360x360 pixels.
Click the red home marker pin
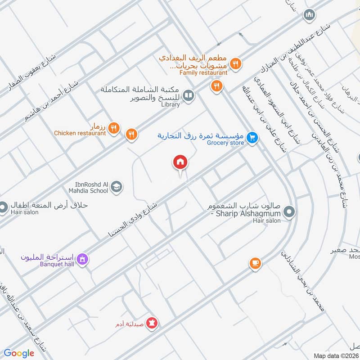click(180, 162)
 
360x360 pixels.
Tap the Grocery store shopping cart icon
click(252, 138)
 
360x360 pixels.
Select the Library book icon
click(189, 96)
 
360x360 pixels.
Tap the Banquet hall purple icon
click(82, 259)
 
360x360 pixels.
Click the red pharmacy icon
click(152, 324)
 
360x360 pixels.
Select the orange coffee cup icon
click(255, 263)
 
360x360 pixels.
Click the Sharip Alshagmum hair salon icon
click(290, 211)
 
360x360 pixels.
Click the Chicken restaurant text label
click(80, 133)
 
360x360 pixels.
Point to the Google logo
click(19, 353)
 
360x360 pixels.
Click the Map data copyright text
click(336, 355)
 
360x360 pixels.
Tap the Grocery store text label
click(225, 143)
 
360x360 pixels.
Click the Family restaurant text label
click(203, 72)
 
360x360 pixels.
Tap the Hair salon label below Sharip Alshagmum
click(266, 220)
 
